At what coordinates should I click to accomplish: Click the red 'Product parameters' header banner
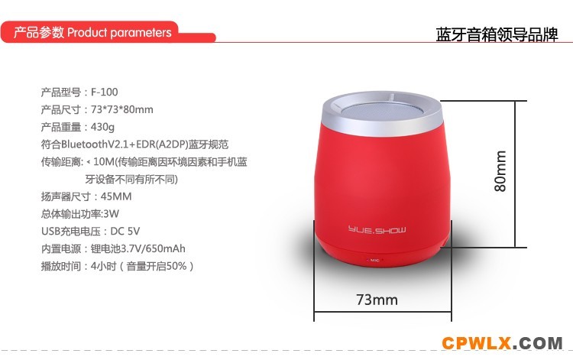pos(108,32)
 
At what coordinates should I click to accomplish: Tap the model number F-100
pos(104,92)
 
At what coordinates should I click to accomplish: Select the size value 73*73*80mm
pos(121,109)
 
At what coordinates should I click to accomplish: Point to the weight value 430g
pos(102,127)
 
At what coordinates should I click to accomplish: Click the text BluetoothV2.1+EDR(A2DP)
pos(125,144)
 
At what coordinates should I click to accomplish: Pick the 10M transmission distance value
pos(104,161)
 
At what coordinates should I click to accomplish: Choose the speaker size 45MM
pos(116,196)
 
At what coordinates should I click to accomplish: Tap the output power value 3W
pos(111,214)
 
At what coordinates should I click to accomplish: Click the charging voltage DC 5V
pos(125,232)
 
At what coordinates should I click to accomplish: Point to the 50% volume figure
pos(176,266)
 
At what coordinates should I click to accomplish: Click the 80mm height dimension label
pos(500,171)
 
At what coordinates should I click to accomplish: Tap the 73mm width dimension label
pos(377,300)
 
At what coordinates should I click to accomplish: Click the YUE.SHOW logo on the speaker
pos(377,230)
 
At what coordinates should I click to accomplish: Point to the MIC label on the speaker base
pos(374,260)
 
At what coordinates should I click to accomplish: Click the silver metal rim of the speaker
pos(382,126)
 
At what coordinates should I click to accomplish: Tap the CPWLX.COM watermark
pos(502,343)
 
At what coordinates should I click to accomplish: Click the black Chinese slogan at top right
pos(497,34)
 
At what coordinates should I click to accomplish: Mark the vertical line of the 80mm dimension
pos(515,174)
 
